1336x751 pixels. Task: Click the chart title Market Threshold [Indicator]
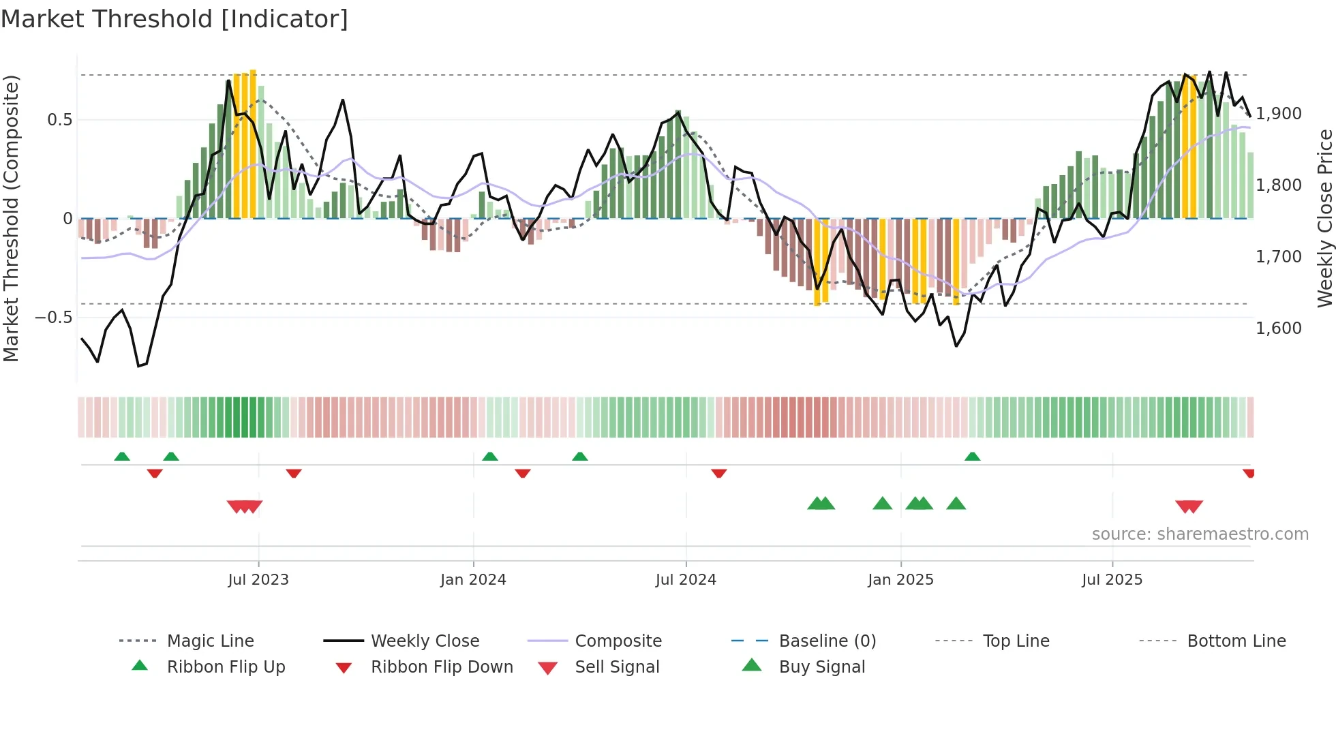pos(174,19)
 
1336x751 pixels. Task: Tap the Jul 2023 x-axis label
pos(258,580)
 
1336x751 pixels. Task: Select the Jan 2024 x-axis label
pos(473,580)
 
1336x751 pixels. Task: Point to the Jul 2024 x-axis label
pos(686,580)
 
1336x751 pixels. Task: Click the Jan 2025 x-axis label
pos(900,580)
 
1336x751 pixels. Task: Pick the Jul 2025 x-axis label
pos(1112,580)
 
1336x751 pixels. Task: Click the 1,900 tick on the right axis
pos(1279,114)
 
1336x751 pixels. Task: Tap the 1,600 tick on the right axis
pos(1279,328)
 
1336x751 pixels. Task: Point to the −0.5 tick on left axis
pos(53,318)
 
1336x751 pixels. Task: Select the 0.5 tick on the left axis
pos(59,120)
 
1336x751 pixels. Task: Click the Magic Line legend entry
pos(210,641)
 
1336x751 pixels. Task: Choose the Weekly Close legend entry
pos(425,641)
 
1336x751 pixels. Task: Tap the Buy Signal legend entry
pos(821,667)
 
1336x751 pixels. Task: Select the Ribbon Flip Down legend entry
pos(442,667)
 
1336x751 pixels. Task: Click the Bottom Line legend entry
pos(1236,641)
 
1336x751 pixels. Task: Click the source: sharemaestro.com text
pos(1200,534)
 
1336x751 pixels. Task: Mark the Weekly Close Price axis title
pos(1324,218)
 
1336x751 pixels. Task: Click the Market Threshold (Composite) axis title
pos(11,218)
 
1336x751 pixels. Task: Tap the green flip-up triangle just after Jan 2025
pos(973,457)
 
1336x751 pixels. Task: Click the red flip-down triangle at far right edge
pos(1249,473)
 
